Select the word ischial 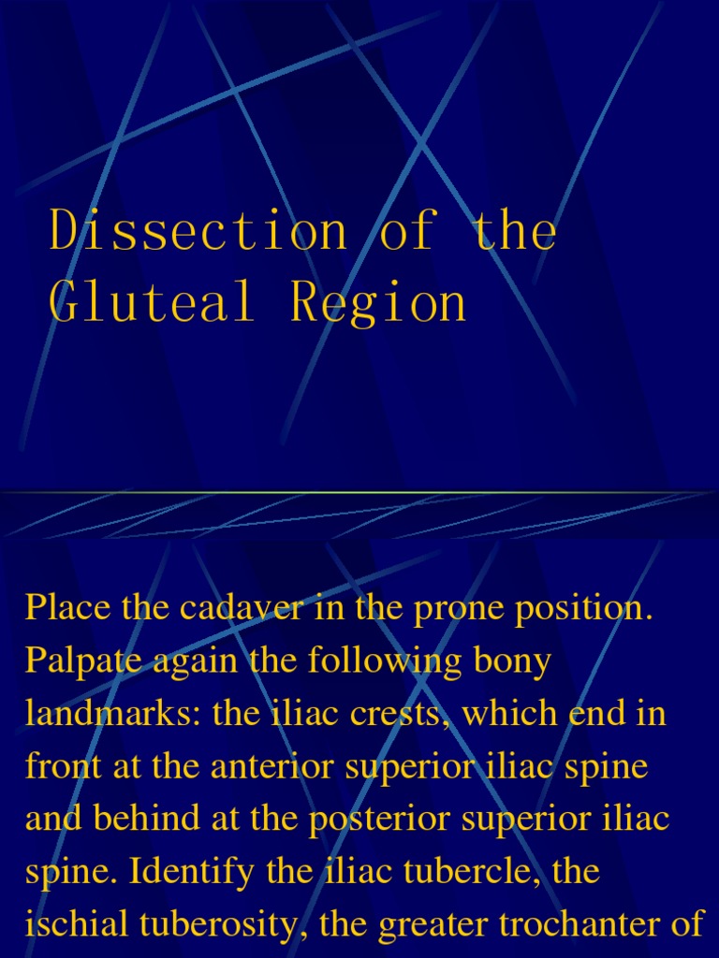coord(79,925)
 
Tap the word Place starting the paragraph coord(66,607)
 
